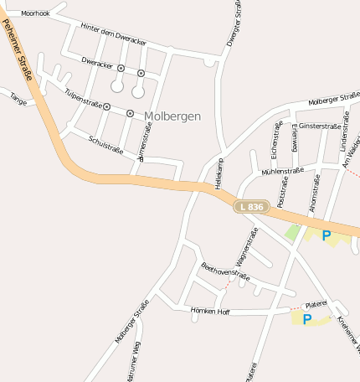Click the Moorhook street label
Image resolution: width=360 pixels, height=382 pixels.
(36, 14)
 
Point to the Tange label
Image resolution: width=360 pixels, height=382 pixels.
(18, 99)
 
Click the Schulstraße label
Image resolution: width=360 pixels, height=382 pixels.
(105, 144)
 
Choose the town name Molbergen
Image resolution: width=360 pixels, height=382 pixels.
(172, 116)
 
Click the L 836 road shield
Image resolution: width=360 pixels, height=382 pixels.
(251, 206)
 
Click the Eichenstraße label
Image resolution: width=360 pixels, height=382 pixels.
(275, 138)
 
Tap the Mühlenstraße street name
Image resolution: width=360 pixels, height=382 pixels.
(282, 171)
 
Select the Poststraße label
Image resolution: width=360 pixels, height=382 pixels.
(282, 191)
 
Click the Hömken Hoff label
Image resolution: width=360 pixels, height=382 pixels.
(210, 311)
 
